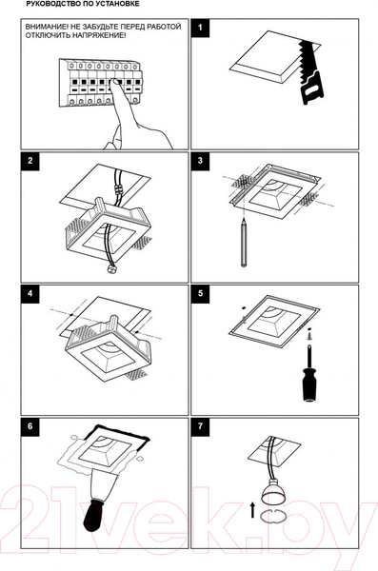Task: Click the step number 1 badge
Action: tap(200, 28)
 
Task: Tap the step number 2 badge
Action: tap(30, 161)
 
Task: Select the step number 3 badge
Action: tap(200, 161)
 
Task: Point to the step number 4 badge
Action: tap(30, 293)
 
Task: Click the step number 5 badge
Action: tap(200, 293)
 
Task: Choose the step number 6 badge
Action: tap(30, 426)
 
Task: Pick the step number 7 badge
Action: tap(200, 426)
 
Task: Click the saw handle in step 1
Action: tap(312, 89)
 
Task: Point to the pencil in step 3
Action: tap(244, 242)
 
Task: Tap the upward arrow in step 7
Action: tap(252, 510)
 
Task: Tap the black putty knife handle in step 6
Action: tap(97, 516)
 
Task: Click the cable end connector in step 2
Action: tap(109, 270)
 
